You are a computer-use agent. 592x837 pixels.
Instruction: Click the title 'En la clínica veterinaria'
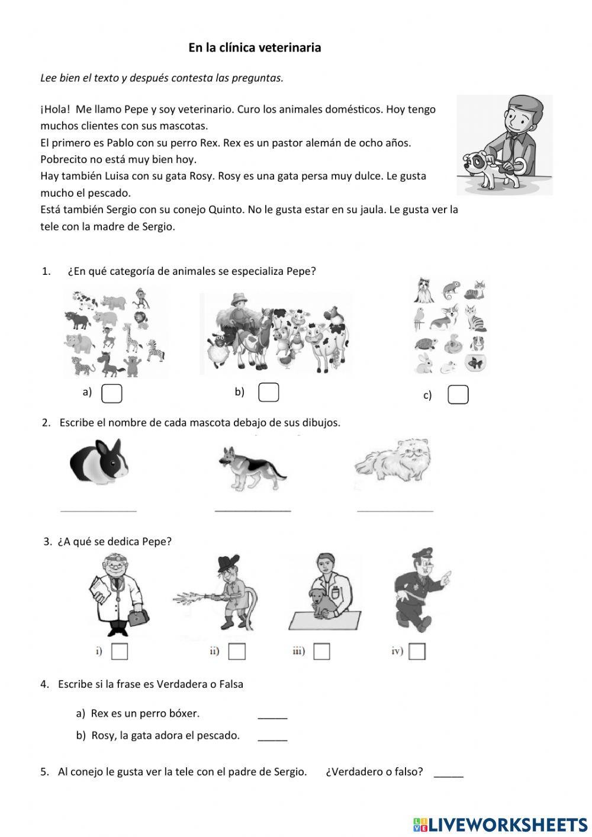coord(255,47)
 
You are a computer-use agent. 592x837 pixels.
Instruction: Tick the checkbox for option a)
coord(112,393)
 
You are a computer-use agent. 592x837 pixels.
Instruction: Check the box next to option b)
coord(269,392)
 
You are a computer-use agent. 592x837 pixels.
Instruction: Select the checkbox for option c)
coord(458,395)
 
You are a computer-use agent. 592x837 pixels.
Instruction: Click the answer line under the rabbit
coord(99,509)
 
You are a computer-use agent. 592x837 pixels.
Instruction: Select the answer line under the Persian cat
coord(395,509)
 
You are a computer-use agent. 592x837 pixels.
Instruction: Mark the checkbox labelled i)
coord(120,651)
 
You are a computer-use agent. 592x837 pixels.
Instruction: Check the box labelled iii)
coord(321,651)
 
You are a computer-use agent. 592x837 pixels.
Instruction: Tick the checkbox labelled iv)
coord(417,651)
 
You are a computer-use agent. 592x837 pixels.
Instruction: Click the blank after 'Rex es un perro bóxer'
coord(272,717)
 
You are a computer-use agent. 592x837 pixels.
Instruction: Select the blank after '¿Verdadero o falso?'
coord(449,775)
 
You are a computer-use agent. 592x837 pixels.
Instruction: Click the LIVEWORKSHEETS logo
coord(500,824)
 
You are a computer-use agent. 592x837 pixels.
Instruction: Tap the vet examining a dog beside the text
coord(504,145)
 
